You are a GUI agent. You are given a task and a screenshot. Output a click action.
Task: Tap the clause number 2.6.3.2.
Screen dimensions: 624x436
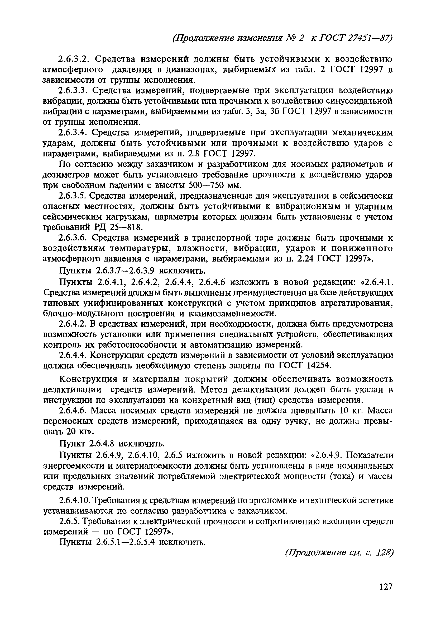(74, 59)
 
